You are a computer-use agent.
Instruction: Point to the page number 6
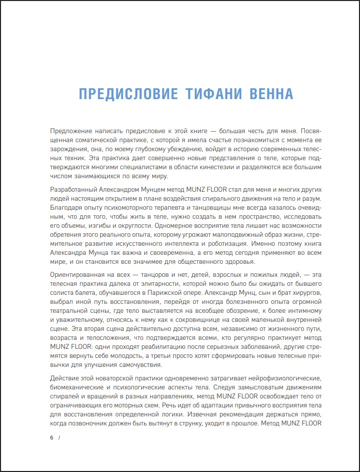tap(52, 438)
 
